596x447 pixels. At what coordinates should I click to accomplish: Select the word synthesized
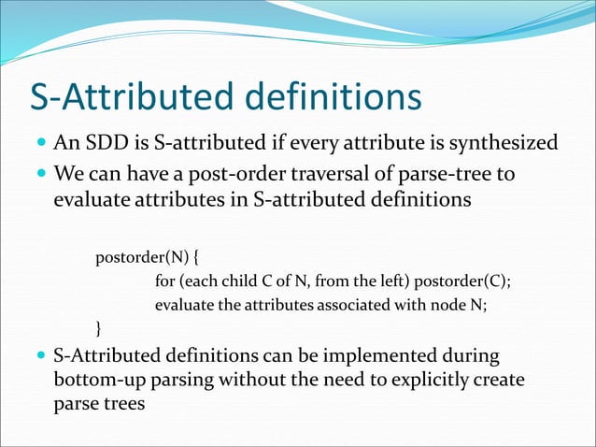coord(505,143)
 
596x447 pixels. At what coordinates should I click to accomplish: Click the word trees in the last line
coord(121,406)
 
